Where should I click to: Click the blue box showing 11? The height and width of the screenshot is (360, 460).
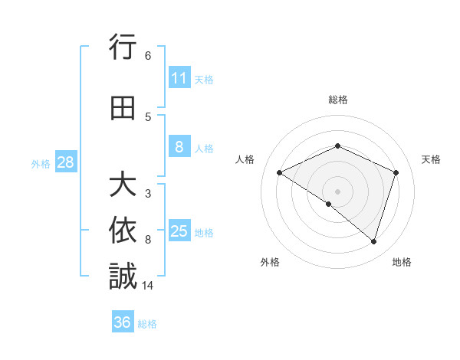(x=179, y=78)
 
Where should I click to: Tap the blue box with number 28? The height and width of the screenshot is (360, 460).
(x=65, y=162)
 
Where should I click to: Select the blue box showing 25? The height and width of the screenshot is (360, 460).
(x=179, y=231)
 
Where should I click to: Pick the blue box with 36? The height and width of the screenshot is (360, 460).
(x=123, y=322)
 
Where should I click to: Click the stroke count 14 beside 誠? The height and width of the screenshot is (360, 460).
(x=149, y=286)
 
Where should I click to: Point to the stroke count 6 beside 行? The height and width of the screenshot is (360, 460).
(x=148, y=56)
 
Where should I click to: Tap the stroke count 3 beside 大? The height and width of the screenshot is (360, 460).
(x=148, y=194)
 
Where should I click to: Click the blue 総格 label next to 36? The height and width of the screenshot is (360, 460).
(x=148, y=324)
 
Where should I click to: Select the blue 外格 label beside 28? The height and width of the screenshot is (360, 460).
(x=41, y=163)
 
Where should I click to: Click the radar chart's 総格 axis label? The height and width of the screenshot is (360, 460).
(x=337, y=100)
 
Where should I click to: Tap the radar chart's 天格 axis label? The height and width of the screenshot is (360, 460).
(x=431, y=159)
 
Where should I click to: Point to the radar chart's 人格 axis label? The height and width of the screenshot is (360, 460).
(x=245, y=159)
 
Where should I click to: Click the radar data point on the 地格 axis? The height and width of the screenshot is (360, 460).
(x=373, y=242)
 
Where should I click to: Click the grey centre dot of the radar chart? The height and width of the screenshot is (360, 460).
(x=337, y=191)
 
